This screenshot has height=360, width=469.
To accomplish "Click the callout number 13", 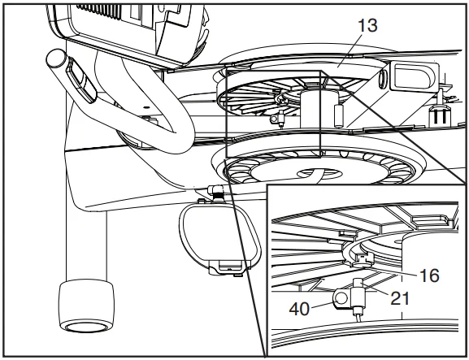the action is pos(367,25).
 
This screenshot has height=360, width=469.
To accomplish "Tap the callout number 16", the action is pos(429,275).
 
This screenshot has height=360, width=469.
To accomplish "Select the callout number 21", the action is pos(400,298).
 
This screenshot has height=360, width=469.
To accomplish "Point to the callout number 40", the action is pos(299,309).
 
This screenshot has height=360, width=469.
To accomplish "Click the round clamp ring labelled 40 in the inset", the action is pos(341,298).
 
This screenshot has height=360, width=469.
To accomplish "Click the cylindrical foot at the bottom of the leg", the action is pos(87,306).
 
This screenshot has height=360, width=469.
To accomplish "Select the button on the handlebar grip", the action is pos(80,80).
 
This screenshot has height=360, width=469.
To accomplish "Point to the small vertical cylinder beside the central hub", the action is pos(338,116).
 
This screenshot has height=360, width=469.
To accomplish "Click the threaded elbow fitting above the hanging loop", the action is pos(216,193).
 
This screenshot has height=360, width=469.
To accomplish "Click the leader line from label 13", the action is pos(349,50).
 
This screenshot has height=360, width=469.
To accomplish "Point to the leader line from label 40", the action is pos(322,305).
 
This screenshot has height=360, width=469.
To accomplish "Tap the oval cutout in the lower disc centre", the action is pos(319,173).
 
